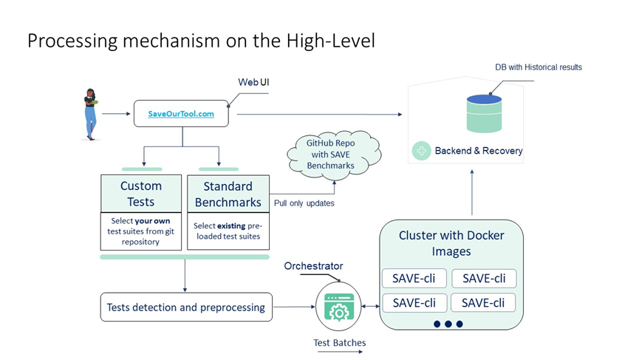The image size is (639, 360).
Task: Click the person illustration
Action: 91,114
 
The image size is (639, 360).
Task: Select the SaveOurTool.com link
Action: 181,115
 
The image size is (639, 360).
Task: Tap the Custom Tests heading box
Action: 140,194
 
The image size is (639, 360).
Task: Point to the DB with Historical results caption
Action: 538,67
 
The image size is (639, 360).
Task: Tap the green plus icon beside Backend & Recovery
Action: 422,151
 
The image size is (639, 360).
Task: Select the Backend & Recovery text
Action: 478,151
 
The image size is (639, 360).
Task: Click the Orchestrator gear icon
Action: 339,308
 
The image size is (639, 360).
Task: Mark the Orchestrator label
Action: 314,266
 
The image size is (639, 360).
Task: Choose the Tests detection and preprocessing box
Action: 185,307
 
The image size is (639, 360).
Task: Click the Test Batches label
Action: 340,342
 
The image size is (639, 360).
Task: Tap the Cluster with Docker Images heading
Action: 451,243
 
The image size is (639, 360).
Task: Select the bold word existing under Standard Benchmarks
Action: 231,225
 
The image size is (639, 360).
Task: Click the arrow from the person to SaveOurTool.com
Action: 115,115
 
